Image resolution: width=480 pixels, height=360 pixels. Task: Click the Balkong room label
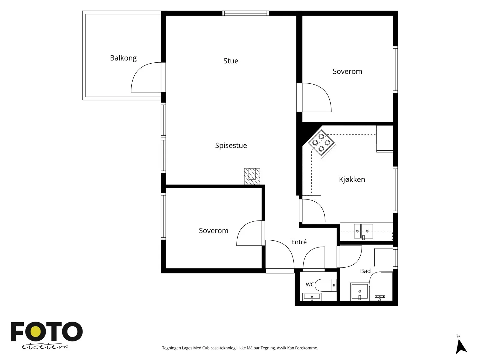(123, 58)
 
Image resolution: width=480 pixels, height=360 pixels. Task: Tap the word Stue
(231, 61)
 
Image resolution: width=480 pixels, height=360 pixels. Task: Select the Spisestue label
(231, 145)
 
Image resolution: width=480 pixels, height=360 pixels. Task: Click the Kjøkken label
(352, 179)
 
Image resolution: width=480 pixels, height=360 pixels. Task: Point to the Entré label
(299, 242)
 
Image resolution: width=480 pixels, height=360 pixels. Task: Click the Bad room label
(365, 271)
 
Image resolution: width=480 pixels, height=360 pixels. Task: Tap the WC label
(310, 284)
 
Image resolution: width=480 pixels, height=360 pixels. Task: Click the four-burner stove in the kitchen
(321, 142)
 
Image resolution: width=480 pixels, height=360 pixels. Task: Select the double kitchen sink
(363, 231)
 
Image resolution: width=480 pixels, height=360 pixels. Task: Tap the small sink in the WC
(312, 297)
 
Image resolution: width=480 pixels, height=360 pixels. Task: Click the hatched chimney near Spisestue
(252, 176)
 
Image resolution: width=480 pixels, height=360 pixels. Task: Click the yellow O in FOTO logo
(36, 332)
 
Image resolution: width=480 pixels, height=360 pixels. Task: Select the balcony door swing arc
(140, 74)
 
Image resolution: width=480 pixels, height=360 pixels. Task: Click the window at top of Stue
(246, 13)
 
